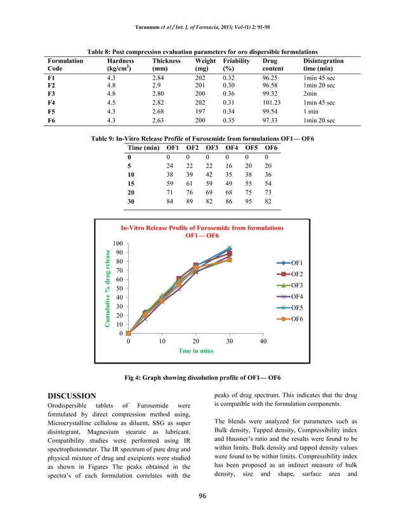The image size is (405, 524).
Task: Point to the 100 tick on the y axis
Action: click(118, 244)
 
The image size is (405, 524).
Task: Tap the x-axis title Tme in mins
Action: click(195, 350)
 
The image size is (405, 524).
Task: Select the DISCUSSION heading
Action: click(72, 396)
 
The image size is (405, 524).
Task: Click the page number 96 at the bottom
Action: click(202, 508)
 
